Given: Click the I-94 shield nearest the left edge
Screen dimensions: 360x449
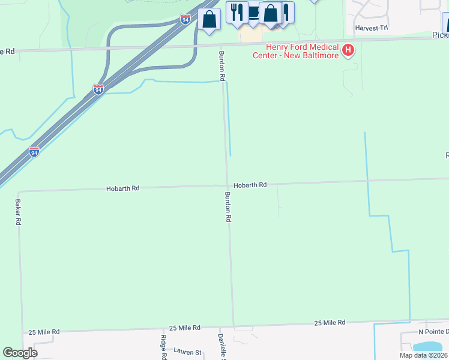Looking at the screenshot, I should (34, 152).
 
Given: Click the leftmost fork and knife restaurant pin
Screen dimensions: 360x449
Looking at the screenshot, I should (237, 13).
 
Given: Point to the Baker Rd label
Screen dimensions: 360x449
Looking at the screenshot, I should (18, 212).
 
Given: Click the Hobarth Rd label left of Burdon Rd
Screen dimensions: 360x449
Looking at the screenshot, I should (122, 188).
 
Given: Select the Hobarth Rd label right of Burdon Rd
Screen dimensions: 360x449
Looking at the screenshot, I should (250, 185).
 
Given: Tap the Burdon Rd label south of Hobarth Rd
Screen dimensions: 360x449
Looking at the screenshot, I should (228, 208).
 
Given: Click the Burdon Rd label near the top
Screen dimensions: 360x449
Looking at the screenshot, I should (221, 67).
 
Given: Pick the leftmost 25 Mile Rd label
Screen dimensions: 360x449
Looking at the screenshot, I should (43, 332).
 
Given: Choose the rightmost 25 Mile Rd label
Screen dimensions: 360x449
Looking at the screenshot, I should (330, 323).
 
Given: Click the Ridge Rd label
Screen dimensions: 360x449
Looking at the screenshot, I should (163, 347).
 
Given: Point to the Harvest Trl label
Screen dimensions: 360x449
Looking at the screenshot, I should (372, 28).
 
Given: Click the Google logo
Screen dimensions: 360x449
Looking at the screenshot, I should (20, 353).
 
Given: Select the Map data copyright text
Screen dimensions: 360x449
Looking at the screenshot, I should (423, 355).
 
